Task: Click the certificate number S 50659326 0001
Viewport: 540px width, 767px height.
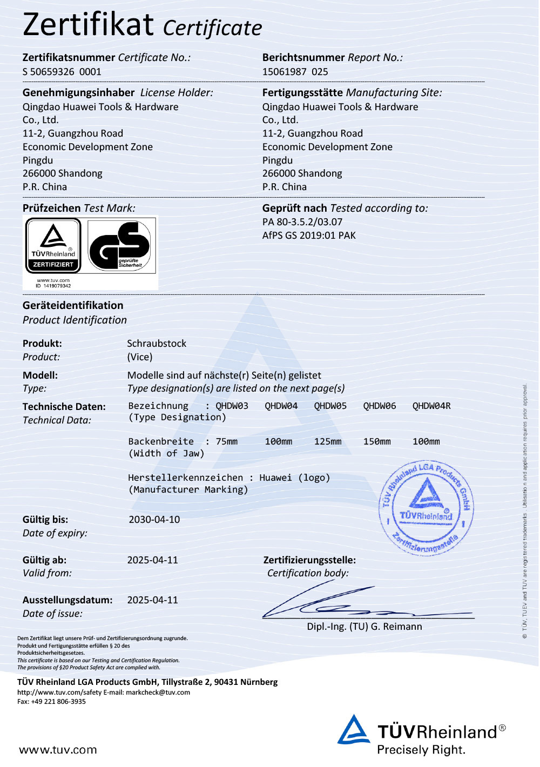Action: click(x=62, y=72)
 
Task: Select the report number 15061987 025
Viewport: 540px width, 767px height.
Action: click(x=295, y=72)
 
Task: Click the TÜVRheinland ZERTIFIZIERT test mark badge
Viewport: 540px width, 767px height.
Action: click(x=53, y=246)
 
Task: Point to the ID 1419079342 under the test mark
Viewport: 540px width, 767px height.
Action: click(x=53, y=286)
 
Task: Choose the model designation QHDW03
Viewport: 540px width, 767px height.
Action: click(x=232, y=406)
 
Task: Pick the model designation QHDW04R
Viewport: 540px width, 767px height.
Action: click(x=431, y=406)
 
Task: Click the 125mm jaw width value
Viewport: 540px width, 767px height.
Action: click(x=328, y=442)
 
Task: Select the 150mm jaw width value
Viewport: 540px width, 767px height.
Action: click(x=377, y=442)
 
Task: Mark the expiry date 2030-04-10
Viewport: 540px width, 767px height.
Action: click(x=154, y=520)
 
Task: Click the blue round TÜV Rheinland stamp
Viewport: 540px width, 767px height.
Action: click(x=427, y=508)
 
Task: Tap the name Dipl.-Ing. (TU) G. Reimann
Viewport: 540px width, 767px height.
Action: click(x=364, y=627)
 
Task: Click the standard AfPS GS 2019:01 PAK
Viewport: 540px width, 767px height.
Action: click(x=309, y=236)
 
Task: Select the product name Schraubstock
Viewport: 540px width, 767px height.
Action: click(x=157, y=344)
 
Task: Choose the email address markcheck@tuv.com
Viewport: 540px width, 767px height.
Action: click(x=158, y=692)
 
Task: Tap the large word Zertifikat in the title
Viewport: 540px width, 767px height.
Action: click(x=89, y=25)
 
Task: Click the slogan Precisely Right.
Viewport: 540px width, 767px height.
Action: click(x=421, y=750)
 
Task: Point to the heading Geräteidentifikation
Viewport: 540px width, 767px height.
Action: click(x=73, y=306)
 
